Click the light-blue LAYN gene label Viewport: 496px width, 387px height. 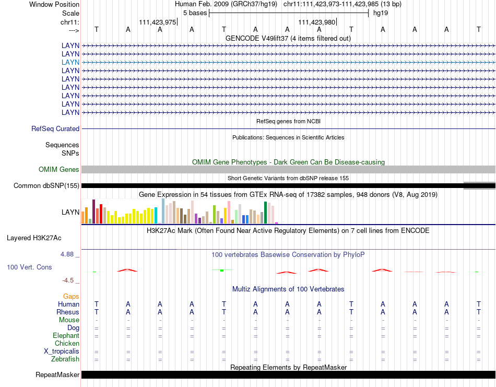(70, 62)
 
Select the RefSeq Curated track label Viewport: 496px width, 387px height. (55, 128)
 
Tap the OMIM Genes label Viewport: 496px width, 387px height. (59, 169)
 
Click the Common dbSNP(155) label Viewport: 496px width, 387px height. (46, 185)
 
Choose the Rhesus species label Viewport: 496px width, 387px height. (68, 312)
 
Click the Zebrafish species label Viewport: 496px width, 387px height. (65, 359)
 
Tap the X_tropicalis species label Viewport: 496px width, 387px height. (62, 351)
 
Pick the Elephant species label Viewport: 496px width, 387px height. (66, 335)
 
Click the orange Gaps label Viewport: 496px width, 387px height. (71, 296)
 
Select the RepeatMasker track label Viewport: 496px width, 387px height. (57, 374)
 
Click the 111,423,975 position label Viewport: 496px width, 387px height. (157, 22)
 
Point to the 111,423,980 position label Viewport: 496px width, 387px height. (316, 22)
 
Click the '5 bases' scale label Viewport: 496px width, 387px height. (195, 13)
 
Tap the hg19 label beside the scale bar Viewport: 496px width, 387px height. (380, 13)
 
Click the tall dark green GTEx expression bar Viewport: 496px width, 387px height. (265, 213)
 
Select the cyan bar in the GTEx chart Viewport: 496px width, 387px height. (156, 216)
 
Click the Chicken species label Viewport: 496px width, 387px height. (67, 343)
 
